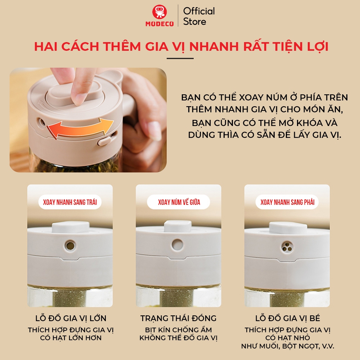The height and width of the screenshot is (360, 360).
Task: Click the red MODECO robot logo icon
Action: pyautogui.click(x=159, y=12)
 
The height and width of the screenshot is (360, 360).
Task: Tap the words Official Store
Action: pyautogui.click(x=199, y=16)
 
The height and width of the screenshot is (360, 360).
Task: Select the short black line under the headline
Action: pyautogui.click(x=180, y=58)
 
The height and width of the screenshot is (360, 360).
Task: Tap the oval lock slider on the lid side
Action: pyautogui.click(x=104, y=140)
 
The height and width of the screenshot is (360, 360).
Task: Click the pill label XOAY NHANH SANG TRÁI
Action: pyautogui.click(x=70, y=202)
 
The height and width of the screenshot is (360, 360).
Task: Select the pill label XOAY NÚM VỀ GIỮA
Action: pyautogui.click(x=179, y=202)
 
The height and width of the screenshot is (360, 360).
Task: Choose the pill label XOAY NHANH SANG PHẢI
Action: pyautogui.click(x=287, y=202)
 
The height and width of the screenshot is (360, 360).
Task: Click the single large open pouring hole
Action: pyautogui.click(x=70, y=246)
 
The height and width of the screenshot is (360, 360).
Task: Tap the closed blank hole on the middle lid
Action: pyautogui.click(x=177, y=244)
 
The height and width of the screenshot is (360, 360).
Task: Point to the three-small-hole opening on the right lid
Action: pyautogui.click(x=287, y=247)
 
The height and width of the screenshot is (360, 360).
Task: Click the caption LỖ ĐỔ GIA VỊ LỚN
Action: pyautogui.click(x=71, y=318)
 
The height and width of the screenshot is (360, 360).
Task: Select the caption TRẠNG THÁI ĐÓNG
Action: pyautogui.click(x=179, y=318)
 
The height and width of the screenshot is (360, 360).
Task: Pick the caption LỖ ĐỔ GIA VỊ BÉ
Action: pyautogui.click(x=287, y=318)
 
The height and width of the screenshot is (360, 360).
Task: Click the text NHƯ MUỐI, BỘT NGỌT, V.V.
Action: pyautogui.click(x=287, y=346)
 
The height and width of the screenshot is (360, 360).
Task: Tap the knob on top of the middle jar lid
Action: pyautogui.click(x=178, y=226)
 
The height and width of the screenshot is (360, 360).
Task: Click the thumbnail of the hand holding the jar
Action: pyautogui.click(x=88, y=120)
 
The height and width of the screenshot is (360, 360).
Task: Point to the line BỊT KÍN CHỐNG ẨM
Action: pyautogui.click(x=179, y=330)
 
